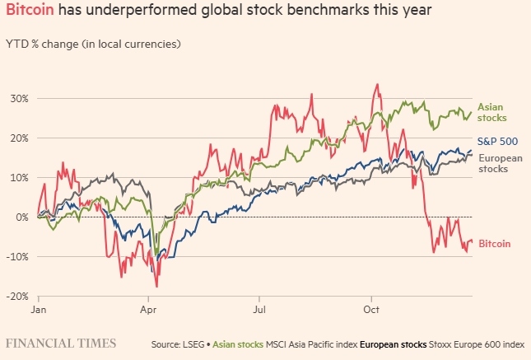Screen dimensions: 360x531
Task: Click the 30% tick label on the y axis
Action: pyautogui.click(x=18, y=98)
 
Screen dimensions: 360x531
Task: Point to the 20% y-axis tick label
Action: pyautogui.click(x=18, y=138)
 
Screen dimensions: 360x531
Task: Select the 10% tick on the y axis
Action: pyautogui.click(x=18, y=177)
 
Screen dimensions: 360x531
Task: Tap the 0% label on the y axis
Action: pyautogui.click(x=21, y=217)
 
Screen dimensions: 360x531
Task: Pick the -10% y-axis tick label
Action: pyautogui.click(x=16, y=256)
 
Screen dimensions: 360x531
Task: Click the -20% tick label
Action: pyautogui.click(x=16, y=296)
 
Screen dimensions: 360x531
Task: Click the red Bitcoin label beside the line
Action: pyautogui.click(x=494, y=244)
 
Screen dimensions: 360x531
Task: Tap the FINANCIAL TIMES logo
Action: pyautogui.click(x=61, y=342)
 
